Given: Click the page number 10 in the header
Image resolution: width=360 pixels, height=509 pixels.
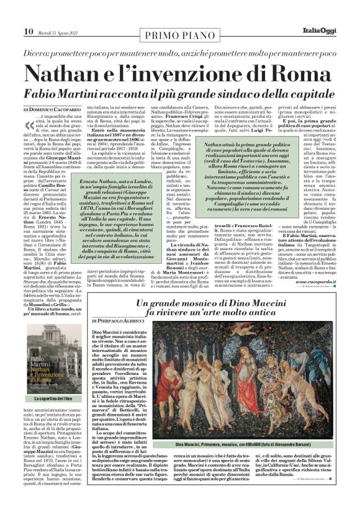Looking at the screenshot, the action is (11, 14).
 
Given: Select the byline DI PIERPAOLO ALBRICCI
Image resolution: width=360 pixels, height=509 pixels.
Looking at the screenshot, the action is (118, 320).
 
